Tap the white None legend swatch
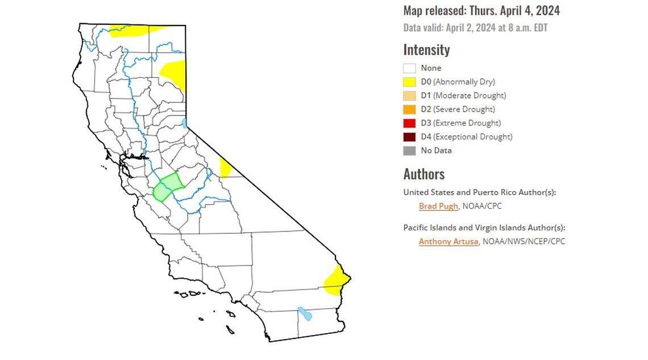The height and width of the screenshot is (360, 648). [x=410, y=68]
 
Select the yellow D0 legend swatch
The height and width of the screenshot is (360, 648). [x=410, y=82]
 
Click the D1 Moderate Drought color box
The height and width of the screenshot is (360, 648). [x=410, y=96]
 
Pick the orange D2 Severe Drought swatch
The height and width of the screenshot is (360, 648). [x=410, y=109]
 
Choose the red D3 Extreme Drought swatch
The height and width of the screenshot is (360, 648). [x=410, y=123]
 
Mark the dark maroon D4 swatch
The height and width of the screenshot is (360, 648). [x=410, y=136]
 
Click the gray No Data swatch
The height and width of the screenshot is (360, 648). [x=410, y=151]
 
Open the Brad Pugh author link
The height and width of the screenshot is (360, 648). [x=438, y=206]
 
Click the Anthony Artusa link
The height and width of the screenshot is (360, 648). [x=449, y=241]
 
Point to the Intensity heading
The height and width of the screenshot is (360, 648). [x=426, y=50]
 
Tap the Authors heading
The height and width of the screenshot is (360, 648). [x=424, y=174]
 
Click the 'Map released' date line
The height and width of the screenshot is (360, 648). [x=481, y=11]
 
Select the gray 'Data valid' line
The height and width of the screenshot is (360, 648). [x=475, y=27]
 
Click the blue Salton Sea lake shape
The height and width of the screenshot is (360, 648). [x=305, y=313]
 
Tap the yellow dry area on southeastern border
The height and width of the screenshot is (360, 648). [x=337, y=280]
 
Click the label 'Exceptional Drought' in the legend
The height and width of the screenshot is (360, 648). [x=472, y=136]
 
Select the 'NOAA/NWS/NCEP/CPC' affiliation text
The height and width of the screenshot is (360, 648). [x=524, y=241]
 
